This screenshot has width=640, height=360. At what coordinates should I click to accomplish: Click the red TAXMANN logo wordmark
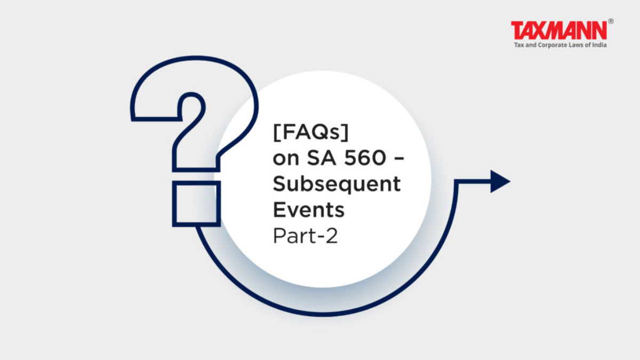coord(559,30)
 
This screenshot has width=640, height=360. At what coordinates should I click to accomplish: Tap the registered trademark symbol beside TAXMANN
coord(611,22)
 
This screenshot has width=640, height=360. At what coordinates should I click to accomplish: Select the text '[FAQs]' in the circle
coord(310,135)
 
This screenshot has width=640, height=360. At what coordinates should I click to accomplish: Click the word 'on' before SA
coord(285,159)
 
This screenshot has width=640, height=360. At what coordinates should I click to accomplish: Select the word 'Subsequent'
coord(336,185)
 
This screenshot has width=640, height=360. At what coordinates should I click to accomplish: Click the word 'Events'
coord(308,210)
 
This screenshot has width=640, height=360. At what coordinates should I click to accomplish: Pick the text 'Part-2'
coord(305,235)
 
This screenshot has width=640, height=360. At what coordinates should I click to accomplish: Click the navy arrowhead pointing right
coord(500,181)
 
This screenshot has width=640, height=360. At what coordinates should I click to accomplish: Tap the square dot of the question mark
coord(196,203)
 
